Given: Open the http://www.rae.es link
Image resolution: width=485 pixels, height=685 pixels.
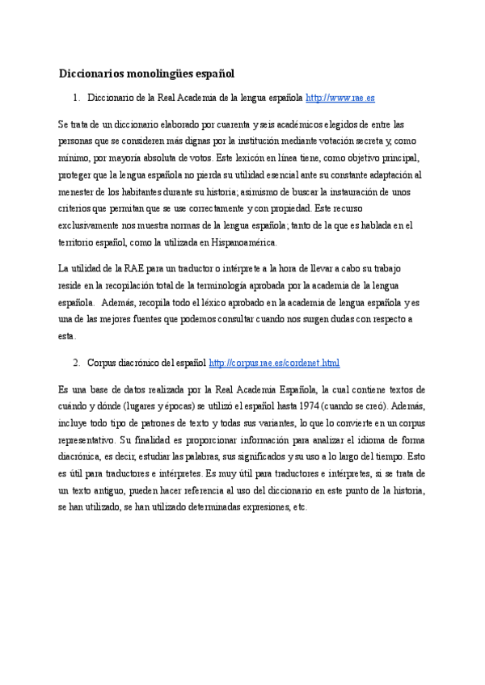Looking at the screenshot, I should (340, 98).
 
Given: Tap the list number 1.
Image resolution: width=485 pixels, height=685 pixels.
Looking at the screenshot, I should (75, 98).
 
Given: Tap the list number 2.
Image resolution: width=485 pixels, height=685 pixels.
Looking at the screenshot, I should (75, 364).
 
